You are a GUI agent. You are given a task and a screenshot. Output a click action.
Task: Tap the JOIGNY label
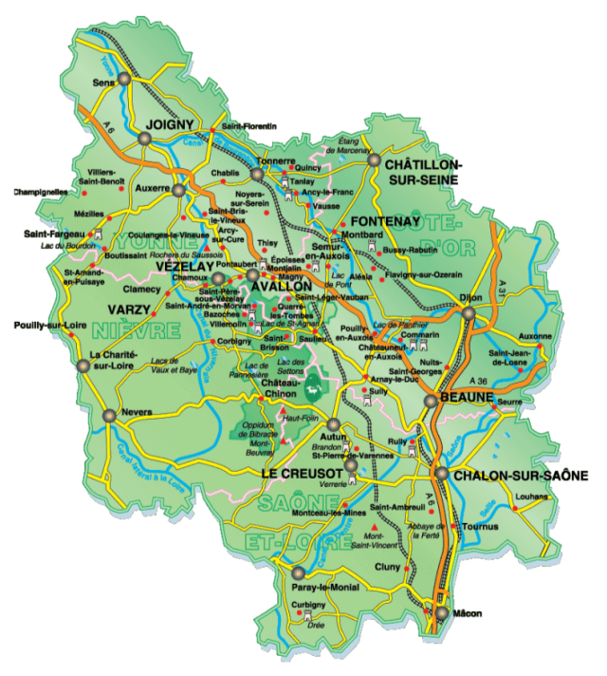[x=170, y=124]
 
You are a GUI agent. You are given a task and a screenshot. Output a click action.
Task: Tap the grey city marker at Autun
[x=333, y=424]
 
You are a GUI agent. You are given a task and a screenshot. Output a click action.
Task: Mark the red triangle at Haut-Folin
[x=282, y=409]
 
